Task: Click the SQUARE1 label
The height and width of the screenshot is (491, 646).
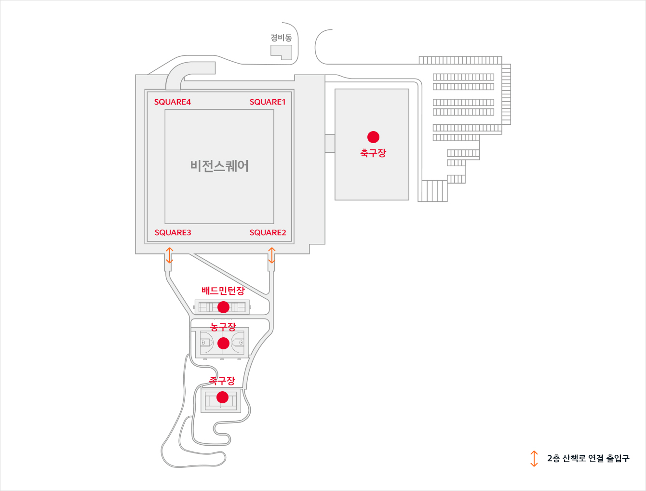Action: click(x=268, y=102)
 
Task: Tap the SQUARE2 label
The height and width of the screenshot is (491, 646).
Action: click(x=268, y=233)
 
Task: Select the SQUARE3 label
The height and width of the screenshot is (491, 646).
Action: click(x=173, y=233)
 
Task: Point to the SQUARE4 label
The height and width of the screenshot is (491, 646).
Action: click(x=173, y=102)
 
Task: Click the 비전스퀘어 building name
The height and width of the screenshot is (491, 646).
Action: click(x=219, y=166)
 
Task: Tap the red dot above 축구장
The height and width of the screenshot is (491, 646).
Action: click(x=373, y=137)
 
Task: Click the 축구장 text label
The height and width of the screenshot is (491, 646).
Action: click(x=373, y=153)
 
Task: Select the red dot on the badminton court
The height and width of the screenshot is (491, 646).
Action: click(x=223, y=307)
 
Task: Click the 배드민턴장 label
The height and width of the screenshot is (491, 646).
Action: click(x=223, y=291)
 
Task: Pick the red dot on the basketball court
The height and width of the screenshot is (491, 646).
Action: click(x=223, y=343)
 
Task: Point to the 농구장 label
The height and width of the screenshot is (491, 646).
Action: click(x=223, y=327)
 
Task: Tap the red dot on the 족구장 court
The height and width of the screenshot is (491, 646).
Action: click(x=222, y=397)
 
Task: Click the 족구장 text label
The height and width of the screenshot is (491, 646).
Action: click(x=222, y=381)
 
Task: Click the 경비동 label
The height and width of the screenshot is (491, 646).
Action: click(x=281, y=38)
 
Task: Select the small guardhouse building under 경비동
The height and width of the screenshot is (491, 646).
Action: click(x=282, y=52)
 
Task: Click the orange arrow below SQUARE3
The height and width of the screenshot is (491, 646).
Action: click(x=169, y=255)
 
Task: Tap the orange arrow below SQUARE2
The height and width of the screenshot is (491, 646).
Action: click(x=271, y=255)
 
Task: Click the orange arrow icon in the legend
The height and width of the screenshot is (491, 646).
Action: click(x=534, y=458)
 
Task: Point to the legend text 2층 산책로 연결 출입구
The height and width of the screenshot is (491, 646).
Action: click(x=588, y=458)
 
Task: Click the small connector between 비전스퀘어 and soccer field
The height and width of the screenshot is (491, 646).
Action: click(x=330, y=143)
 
